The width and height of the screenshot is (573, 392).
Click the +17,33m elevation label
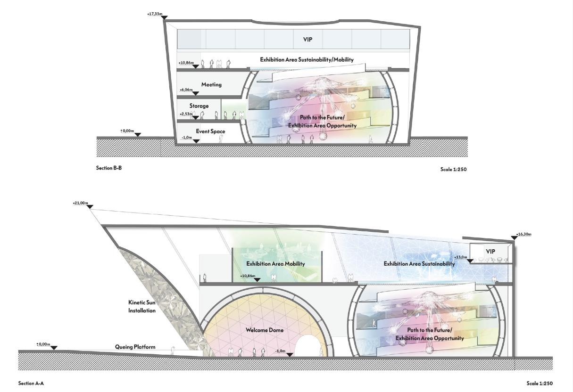155,15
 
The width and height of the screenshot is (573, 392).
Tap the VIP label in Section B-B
307,40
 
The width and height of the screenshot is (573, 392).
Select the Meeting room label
211,85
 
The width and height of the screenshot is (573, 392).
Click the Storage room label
199,106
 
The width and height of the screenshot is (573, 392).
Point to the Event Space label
210,131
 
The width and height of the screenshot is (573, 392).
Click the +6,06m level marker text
186,90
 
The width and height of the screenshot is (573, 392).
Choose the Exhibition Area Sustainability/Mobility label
307,60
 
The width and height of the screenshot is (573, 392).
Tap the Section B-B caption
109,168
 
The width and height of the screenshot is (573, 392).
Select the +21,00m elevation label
80,203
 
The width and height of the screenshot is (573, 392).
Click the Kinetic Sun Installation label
142,306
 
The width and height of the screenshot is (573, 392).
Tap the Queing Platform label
135,347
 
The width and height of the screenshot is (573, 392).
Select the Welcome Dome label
265,330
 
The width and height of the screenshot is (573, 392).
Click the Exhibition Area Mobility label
275,264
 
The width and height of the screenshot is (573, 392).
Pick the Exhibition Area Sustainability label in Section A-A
419,264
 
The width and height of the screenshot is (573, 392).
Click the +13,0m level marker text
460,257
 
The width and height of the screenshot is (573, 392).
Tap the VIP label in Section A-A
490,252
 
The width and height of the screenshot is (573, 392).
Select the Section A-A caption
31,384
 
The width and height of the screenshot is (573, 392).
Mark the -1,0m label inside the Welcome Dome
280,351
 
